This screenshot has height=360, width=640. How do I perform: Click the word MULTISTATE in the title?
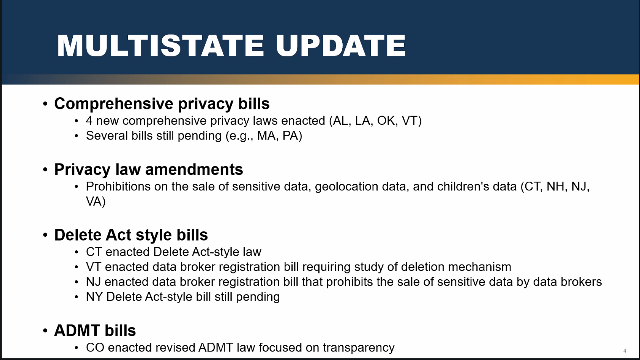pos(160,46)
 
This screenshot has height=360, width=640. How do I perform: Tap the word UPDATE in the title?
pos(341,46)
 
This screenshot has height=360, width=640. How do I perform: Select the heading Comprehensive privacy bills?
pos(162,104)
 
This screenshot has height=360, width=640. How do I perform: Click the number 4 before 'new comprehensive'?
pos(89,121)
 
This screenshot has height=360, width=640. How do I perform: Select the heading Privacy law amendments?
pos(148,169)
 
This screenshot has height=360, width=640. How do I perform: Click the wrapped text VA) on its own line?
pos(96,201)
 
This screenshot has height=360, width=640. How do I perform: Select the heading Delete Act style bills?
pos(131,235)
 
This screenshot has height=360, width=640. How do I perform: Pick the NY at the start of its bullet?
pos(95,296)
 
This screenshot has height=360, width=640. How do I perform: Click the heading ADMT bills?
pos(95,331)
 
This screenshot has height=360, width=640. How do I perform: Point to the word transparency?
pos(359,348)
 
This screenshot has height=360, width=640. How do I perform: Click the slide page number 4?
pos(625,351)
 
